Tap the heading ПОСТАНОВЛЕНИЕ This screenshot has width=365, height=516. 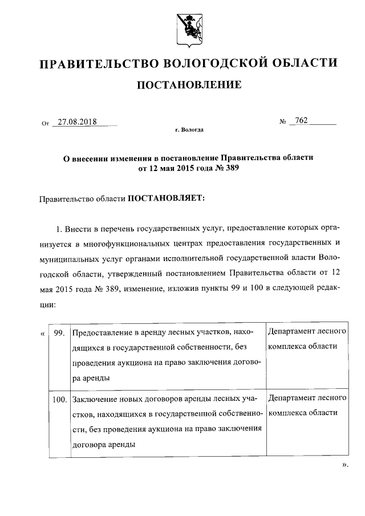click(189, 86)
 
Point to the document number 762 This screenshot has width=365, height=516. click(301, 120)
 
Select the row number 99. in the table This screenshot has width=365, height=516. click(58, 332)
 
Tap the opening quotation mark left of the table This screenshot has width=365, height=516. click(43, 332)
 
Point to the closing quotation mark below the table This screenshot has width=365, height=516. click(344, 465)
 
